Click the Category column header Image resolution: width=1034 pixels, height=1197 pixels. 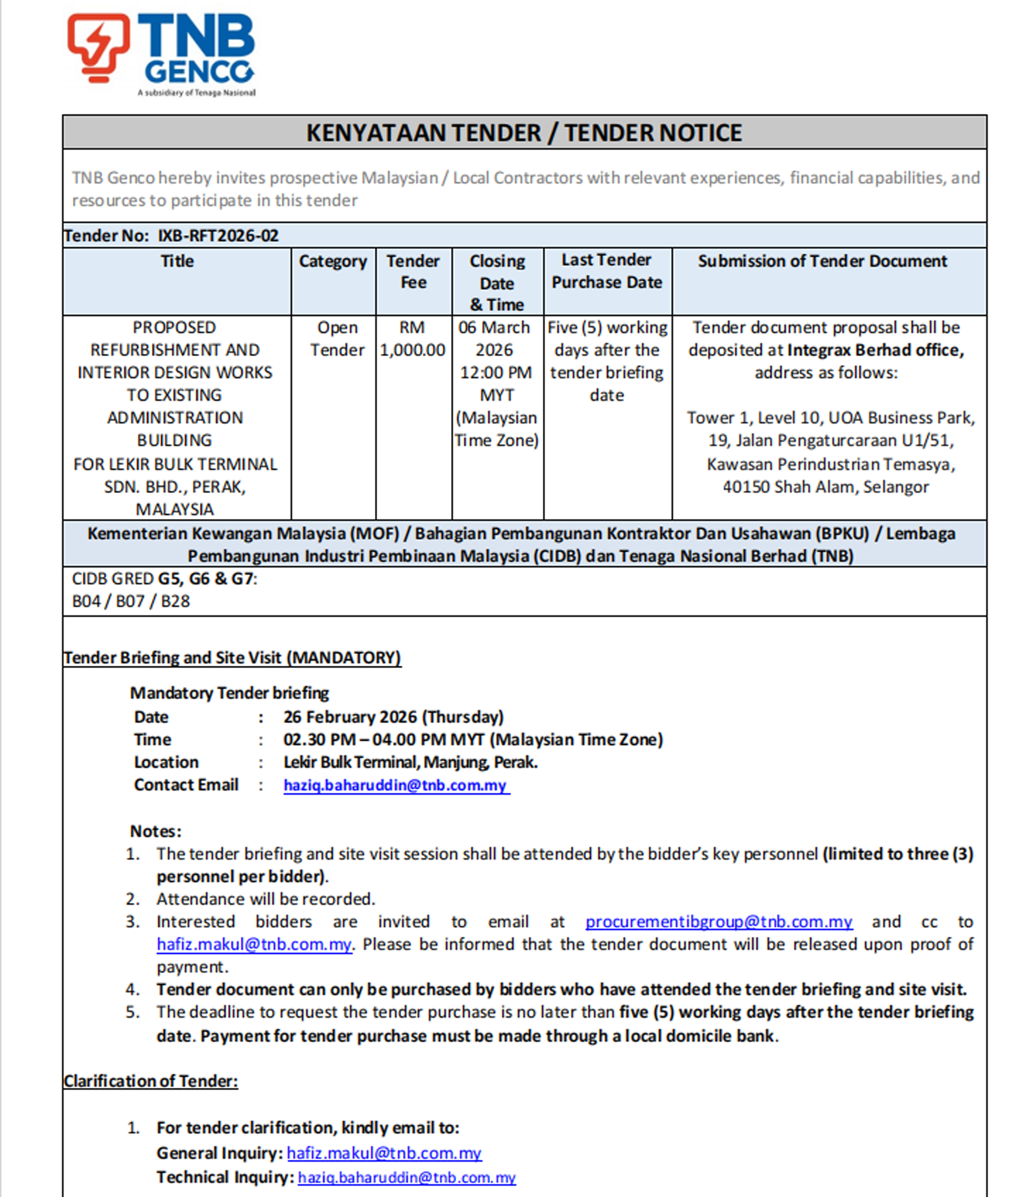333,261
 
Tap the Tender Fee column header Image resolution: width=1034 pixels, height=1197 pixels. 413,272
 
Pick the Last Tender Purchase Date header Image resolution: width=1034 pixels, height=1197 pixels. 607,271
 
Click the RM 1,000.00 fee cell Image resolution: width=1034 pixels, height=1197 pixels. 412,339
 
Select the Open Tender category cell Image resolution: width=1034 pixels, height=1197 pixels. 337,339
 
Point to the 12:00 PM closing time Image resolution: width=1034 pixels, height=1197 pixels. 496,372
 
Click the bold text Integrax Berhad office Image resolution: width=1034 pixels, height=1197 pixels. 875,350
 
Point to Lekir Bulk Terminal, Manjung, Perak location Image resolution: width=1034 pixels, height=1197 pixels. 410,762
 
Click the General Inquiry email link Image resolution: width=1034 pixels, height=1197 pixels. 384,1153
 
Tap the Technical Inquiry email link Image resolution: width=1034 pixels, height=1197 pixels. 407,1177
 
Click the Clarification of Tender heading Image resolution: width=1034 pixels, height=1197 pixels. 151,1081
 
